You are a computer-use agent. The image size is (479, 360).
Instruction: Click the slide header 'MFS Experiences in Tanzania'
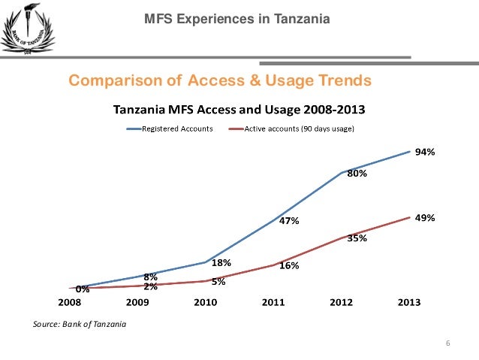(x=236, y=18)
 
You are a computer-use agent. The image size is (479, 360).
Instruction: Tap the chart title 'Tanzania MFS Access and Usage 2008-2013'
(x=239, y=110)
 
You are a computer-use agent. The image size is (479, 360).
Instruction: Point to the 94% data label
(x=426, y=152)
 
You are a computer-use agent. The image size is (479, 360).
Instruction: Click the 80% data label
(x=357, y=174)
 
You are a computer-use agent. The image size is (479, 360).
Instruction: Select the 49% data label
(x=426, y=217)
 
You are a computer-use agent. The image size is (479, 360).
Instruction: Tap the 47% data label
(x=290, y=222)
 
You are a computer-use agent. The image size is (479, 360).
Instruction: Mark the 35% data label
(x=357, y=238)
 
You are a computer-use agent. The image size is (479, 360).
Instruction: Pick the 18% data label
(x=221, y=263)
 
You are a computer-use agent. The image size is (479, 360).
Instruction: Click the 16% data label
(x=290, y=266)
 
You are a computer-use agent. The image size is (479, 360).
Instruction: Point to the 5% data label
(x=219, y=282)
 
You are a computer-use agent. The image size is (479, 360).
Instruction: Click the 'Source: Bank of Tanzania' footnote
(x=80, y=325)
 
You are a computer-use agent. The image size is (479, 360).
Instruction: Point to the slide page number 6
(x=447, y=343)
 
